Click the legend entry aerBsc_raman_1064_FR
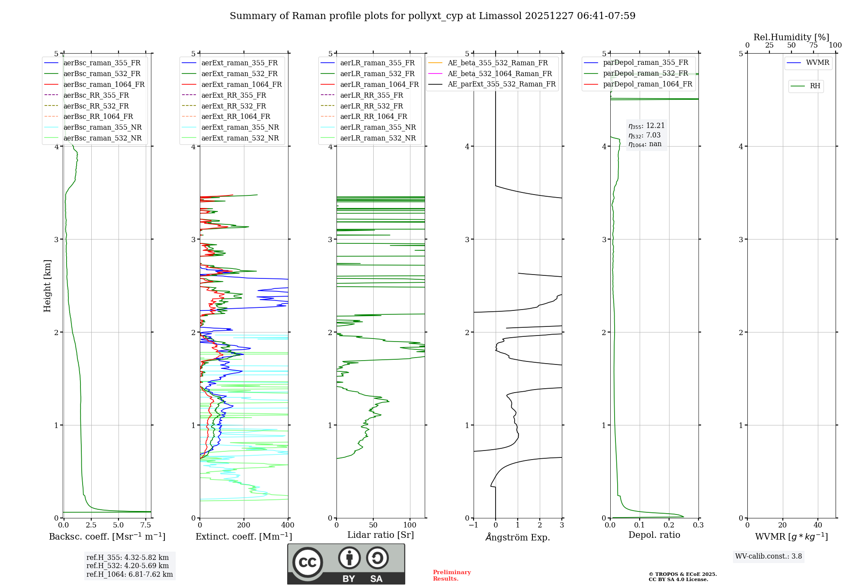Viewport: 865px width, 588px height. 104,85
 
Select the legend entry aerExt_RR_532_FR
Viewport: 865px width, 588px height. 234,106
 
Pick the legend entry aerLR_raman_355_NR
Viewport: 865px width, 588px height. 378,128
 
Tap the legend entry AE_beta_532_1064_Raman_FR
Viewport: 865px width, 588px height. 500,73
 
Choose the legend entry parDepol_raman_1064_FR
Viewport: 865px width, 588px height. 647,84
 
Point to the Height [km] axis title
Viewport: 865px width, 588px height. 47,286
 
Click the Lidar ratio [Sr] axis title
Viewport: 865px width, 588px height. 381,535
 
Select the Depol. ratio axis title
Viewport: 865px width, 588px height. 654,535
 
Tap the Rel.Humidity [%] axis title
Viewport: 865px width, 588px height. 791,37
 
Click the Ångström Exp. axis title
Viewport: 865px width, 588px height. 518,537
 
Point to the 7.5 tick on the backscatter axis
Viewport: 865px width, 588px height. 146,525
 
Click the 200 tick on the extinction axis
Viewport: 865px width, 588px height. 244,525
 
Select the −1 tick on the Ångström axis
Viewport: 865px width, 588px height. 474,525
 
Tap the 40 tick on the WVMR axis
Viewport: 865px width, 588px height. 817,525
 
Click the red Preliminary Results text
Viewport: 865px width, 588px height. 452,575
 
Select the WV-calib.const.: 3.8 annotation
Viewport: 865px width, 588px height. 769,556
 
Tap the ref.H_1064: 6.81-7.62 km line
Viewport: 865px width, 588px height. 129,575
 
